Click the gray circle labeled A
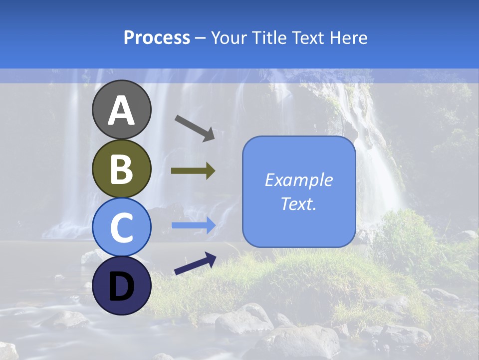(x=121, y=109)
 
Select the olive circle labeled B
(x=121, y=168)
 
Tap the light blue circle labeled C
(x=121, y=227)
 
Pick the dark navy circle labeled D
(x=121, y=285)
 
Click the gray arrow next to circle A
(x=195, y=128)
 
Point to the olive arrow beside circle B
(x=193, y=171)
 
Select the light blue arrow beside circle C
(x=193, y=225)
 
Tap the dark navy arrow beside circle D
(x=195, y=263)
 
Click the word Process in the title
(x=157, y=38)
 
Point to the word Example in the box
(x=298, y=180)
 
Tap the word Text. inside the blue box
(x=298, y=203)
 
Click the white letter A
(x=121, y=110)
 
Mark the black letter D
(x=121, y=286)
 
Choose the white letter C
(x=121, y=227)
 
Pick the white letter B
(x=121, y=169)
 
